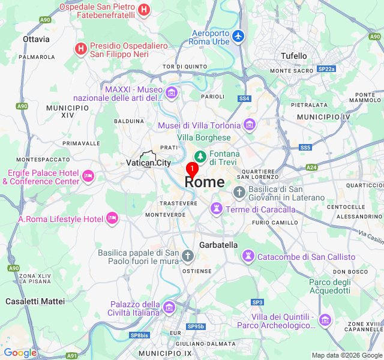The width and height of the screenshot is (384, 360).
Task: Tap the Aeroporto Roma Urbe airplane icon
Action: (x=239, y=36)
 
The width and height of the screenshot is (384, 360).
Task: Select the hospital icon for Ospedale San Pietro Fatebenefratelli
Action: (x=144, y=9)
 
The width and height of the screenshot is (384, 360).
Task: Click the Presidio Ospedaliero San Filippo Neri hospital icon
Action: (x=80, y=48)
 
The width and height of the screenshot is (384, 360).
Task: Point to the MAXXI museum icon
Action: (x=172, y=92)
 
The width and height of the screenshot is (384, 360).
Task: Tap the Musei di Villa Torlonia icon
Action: (x=250, y=125)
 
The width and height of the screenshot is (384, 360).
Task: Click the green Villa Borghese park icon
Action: (x=199, y=157)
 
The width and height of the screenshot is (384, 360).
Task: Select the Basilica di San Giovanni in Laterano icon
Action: (x=239, y=192)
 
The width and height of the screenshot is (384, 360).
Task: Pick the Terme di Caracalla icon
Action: (x=215, y=209)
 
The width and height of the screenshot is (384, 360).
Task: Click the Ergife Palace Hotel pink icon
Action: (x=88, y=175)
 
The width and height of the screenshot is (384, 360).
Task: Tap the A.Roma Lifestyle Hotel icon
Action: (x=112, y=218)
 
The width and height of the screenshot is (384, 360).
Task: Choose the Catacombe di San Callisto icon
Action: (x=247, y=256)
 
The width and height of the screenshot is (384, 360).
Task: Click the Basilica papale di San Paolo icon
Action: (x=187, y=256)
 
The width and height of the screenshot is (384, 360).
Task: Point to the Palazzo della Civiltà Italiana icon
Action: (x=169, y=308)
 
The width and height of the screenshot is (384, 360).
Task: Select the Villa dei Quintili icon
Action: (x=325, y=320)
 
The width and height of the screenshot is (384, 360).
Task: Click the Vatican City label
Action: (x=148, y=163)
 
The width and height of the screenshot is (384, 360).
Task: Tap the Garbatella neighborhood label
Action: (x=218, y=245)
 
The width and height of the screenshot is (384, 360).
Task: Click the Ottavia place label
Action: (x=36, y=39)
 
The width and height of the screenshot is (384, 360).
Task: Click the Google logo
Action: (x=20, y=353)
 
